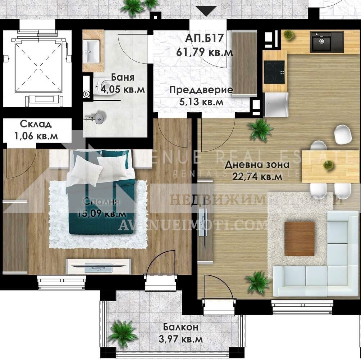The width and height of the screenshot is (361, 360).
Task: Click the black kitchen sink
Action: click(x=327, y=42)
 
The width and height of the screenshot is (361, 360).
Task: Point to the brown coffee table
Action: click(x=299, y=238)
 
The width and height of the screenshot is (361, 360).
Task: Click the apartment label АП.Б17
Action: click(x=205, y=38)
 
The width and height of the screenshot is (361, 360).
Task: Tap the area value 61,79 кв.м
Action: click(x=205, y=52)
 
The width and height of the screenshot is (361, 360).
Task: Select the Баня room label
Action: click(x=123, y=77)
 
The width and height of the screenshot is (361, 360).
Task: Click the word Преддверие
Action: click(x=201, y=90)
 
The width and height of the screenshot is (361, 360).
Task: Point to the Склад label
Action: click(x=36, y=124)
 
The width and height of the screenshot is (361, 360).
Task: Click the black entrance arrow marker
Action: click(x=206, y=11)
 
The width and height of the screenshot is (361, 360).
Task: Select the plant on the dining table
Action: click(x=328, y=165)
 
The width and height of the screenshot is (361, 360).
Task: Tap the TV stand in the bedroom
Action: click(x=98, y=267)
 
